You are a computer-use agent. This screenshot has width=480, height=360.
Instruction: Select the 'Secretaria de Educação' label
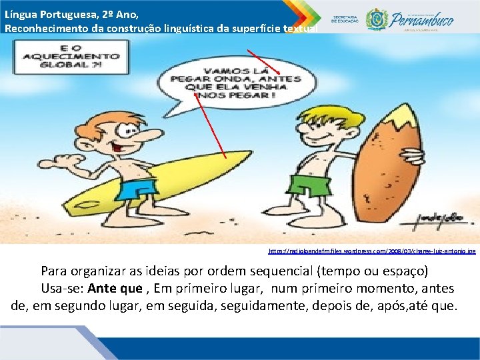[345, 19]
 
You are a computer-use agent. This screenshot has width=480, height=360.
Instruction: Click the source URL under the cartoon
[372, 251]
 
